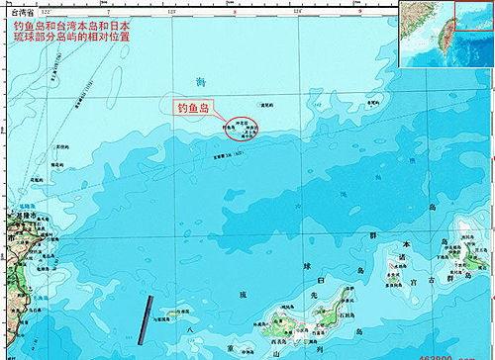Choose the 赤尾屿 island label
coord(372,101)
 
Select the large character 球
coord(306,266)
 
